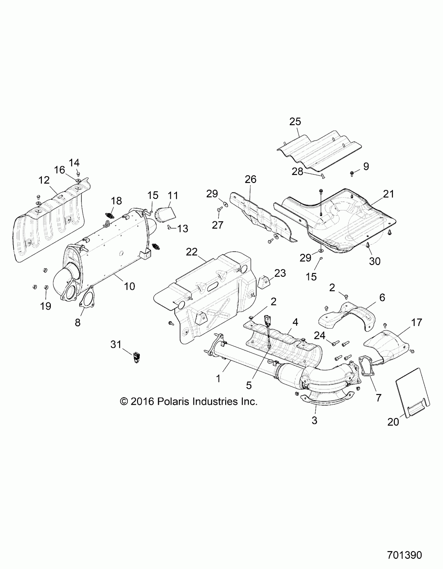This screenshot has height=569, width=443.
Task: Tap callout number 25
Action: (295, 122)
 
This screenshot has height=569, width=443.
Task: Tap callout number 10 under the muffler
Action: (129, 286)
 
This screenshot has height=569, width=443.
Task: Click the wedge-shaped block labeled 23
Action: (264, 282)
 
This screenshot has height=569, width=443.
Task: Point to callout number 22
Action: (192, 252)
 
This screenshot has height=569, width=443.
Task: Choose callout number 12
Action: (44, 180)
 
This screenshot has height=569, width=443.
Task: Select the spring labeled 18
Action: (110, 215)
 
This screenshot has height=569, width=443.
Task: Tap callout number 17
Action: (416, 323)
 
